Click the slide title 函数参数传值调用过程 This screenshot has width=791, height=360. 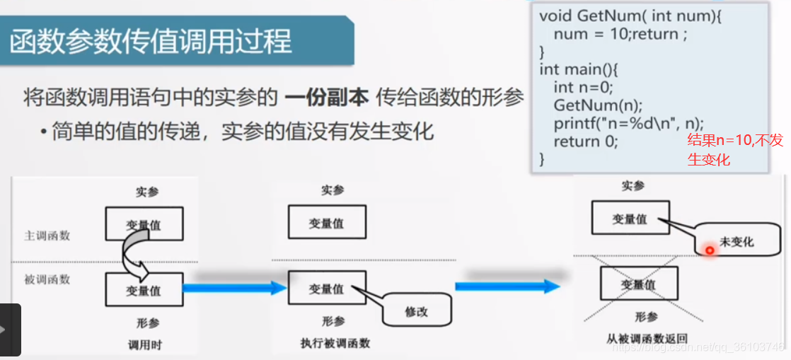[x=151, y=42]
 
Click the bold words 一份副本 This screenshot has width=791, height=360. [x=327, y=98]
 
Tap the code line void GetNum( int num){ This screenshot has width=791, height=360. [x=630, y=16]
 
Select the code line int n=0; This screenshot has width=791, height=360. [x=583, y=87]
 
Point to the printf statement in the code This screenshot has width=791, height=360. [x=629, y=123]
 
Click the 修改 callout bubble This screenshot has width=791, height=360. [x=416, y=311]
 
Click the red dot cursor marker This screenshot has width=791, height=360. [x=709, y=250]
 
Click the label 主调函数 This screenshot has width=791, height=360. [x=47, y=236]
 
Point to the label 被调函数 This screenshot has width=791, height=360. [x=47, y=279]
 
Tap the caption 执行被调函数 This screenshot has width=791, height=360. [x=335, y=344]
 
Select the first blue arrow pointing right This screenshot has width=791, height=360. [x=233, y=288]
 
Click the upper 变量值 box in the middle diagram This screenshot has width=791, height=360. [x=326, y=223]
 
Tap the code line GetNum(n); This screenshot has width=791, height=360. [x=597, y=105]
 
